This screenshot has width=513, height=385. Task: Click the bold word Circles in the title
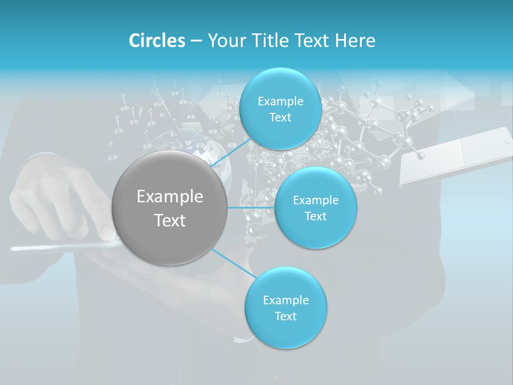pyautogui.click(x=157, y=41)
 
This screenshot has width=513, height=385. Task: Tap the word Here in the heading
pyautogui.click(x=355, y=41)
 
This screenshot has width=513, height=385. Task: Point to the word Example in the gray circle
pyautogui.click(x=170, y=197)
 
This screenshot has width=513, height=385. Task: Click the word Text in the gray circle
pyautogui.click(x=170, y=220)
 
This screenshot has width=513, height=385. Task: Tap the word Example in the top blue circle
pyautogui.click(x=281, y=102)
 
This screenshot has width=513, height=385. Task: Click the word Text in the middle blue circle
pyautogui.click(x=315, y=217)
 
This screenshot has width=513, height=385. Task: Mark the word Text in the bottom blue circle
pyautogui.click(x=285, y=317)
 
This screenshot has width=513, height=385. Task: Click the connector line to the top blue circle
pyautogui.click(x=231, y=152)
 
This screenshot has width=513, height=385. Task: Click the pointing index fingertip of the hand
pyautogui.click(x=107, y=232)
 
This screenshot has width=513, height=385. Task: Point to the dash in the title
pyautogui.click(x=196, y=41)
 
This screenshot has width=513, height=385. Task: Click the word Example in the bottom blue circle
pyautogui.click(x=286, y=301)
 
